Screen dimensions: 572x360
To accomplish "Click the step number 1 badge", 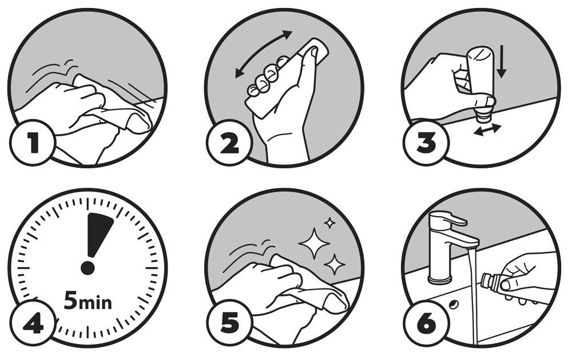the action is (x=33, y=143).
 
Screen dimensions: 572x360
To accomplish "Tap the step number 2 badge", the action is (x=229, y=143).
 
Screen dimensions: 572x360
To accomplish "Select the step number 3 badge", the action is (x=427, y=143).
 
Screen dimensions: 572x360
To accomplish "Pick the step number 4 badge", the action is (x=33, y=323).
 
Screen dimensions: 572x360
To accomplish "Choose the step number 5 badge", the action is (x=229, y=323).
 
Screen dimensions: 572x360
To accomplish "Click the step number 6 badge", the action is (x=427, y=323).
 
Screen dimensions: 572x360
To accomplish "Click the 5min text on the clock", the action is (x=88, y=300).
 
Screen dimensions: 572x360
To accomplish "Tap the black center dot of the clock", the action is (x=88, y=268).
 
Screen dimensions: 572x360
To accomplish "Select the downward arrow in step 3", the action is (x=502, y=61).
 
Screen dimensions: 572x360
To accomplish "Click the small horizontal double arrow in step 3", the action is (x=487, y=130).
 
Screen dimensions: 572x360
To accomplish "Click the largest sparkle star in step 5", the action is (x=314, y=243).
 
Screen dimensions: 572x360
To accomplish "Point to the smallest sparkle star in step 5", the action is (x=330, y=223).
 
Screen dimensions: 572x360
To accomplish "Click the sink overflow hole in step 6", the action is (x=454, y=304).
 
